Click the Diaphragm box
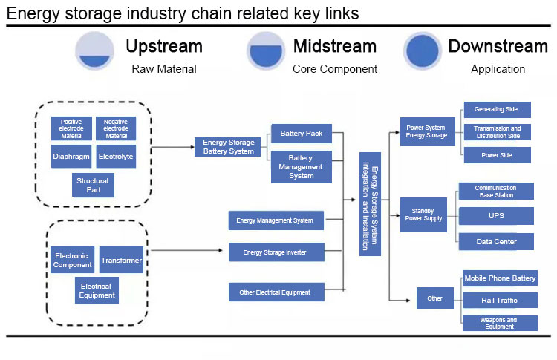coord(71,157)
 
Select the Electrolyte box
coord(116,157)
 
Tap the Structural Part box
coord(93,186)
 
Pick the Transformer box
coord(121,260)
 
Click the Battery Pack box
coord(301,134)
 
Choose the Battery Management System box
coord(301,167)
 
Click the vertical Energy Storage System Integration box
coord(375,204)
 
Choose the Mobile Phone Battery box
coord(500,278)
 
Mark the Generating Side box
coord(497,109)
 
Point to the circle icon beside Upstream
coord(94,51)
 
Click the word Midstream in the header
coord(335,46)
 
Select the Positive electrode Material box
coord(71,128)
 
